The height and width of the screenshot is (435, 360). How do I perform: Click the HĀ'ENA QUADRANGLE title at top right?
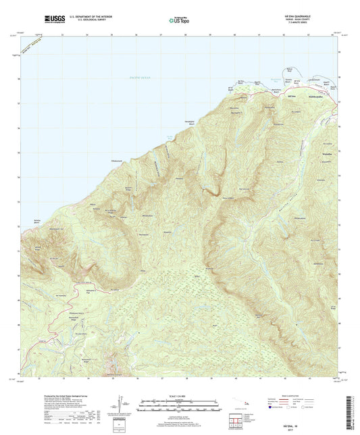click(x=307, y=17)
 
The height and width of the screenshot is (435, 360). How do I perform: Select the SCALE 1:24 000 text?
click(x=180, y=396)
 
